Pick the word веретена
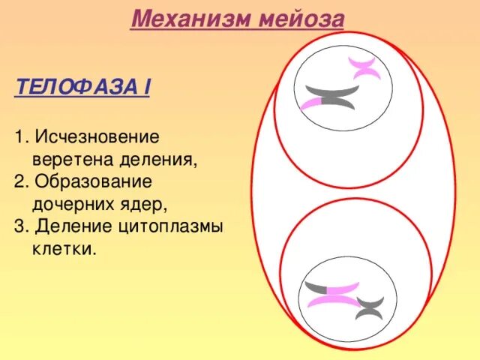[x=69, y=160]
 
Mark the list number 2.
[x=19, y=182]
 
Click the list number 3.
[x=19, y=226]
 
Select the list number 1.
[x=19, y=138]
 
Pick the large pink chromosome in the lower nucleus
[x=334, y=295]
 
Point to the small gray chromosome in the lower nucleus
[x=369, y=306]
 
